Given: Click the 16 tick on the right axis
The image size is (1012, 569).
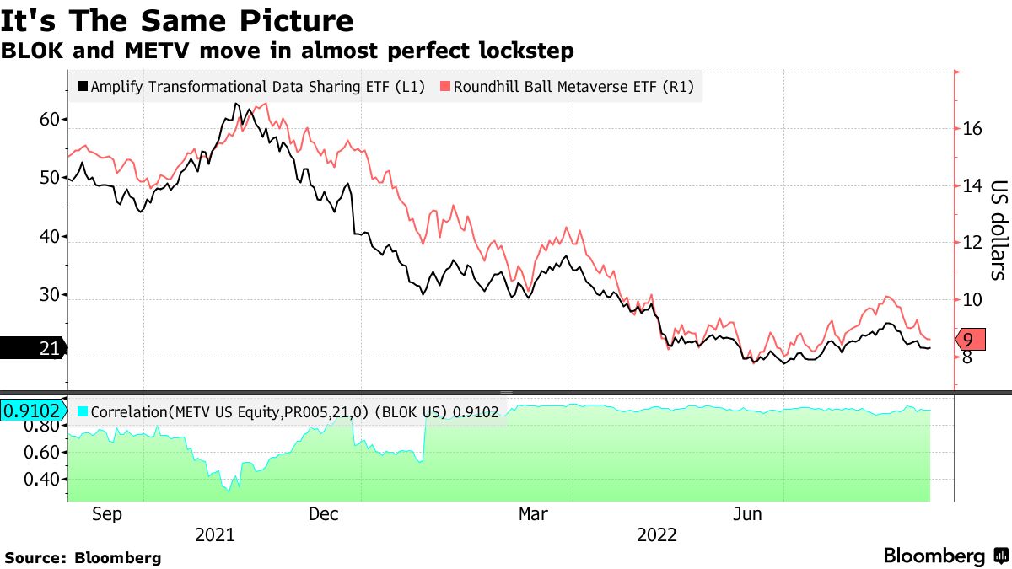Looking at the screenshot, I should (972, 129).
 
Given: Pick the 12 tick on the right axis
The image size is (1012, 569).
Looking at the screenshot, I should (972, 243).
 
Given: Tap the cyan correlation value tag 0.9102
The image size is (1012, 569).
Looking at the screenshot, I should (32, 411).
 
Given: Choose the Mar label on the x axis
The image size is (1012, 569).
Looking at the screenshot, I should (533, 513).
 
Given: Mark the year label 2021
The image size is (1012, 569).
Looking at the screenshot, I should (214, 534).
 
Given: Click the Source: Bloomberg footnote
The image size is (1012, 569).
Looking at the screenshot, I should (83, 557).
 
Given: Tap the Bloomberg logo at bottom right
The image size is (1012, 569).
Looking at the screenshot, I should (945, 556).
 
